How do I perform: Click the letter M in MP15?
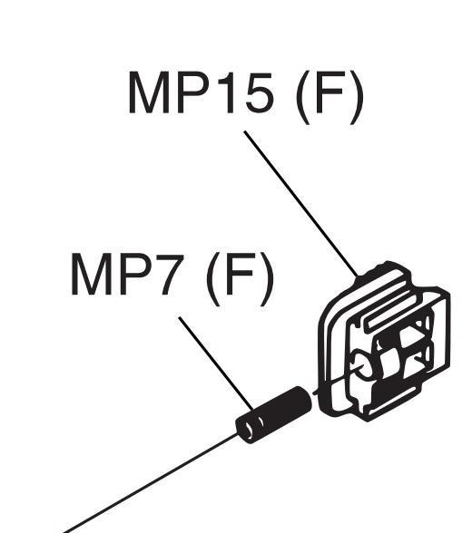click(149, 92)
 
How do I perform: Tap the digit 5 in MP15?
click(259, 92)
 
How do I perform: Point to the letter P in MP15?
click(192, 92)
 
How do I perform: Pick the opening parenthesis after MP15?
click(303, 98)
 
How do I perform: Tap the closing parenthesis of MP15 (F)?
click(357, 98)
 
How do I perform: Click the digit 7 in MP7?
click(170, 275)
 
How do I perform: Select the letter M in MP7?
click(92, 275)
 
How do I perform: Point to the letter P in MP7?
click(135, 275)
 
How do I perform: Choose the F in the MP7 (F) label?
click(240, 275)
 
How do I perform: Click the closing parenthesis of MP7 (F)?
click(267, 279)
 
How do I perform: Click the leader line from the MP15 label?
click(301, 204)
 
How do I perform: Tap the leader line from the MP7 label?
click(216, 363)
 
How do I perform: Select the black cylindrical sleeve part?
click(274, 415)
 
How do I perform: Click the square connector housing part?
click(384, 341)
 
